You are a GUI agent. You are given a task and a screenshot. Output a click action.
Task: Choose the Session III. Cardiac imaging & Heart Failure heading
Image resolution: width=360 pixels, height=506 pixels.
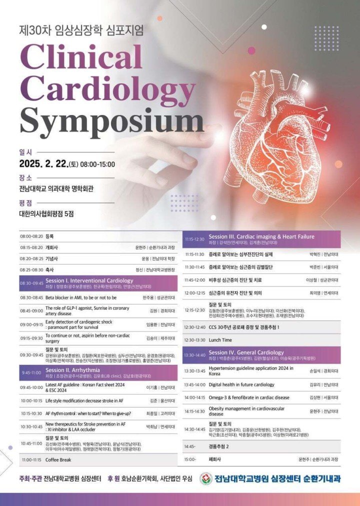tap(261, 236)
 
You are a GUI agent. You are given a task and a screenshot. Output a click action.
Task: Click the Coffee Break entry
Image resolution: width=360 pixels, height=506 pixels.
tap(62, 459)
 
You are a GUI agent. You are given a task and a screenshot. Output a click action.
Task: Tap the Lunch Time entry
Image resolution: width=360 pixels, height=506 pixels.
tap(220, 339)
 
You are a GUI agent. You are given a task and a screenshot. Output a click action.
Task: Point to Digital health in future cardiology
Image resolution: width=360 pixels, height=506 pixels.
tap(241, 384)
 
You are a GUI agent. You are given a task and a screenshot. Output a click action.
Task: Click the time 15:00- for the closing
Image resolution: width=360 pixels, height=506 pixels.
tap(190, 458)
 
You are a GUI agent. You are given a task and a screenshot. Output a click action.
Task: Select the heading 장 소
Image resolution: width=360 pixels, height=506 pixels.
tap(25, 177)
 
